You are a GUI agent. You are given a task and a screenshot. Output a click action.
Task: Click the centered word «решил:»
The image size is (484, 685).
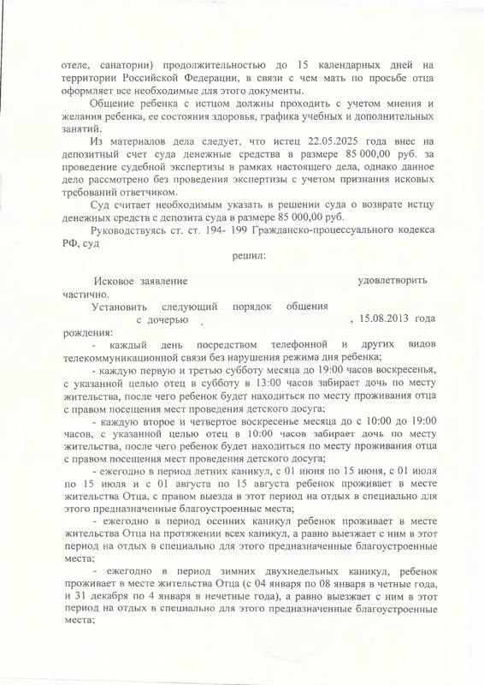click(248, 255)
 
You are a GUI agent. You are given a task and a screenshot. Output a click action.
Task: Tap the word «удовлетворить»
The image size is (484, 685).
click(393, 282)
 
